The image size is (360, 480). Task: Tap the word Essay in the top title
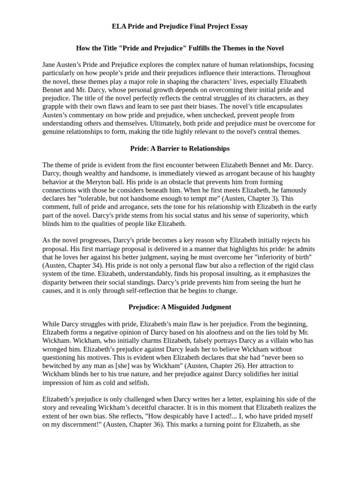pos(239,26)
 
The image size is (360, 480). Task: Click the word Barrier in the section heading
pos(167,149)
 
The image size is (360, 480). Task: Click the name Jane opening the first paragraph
pos(50,65)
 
